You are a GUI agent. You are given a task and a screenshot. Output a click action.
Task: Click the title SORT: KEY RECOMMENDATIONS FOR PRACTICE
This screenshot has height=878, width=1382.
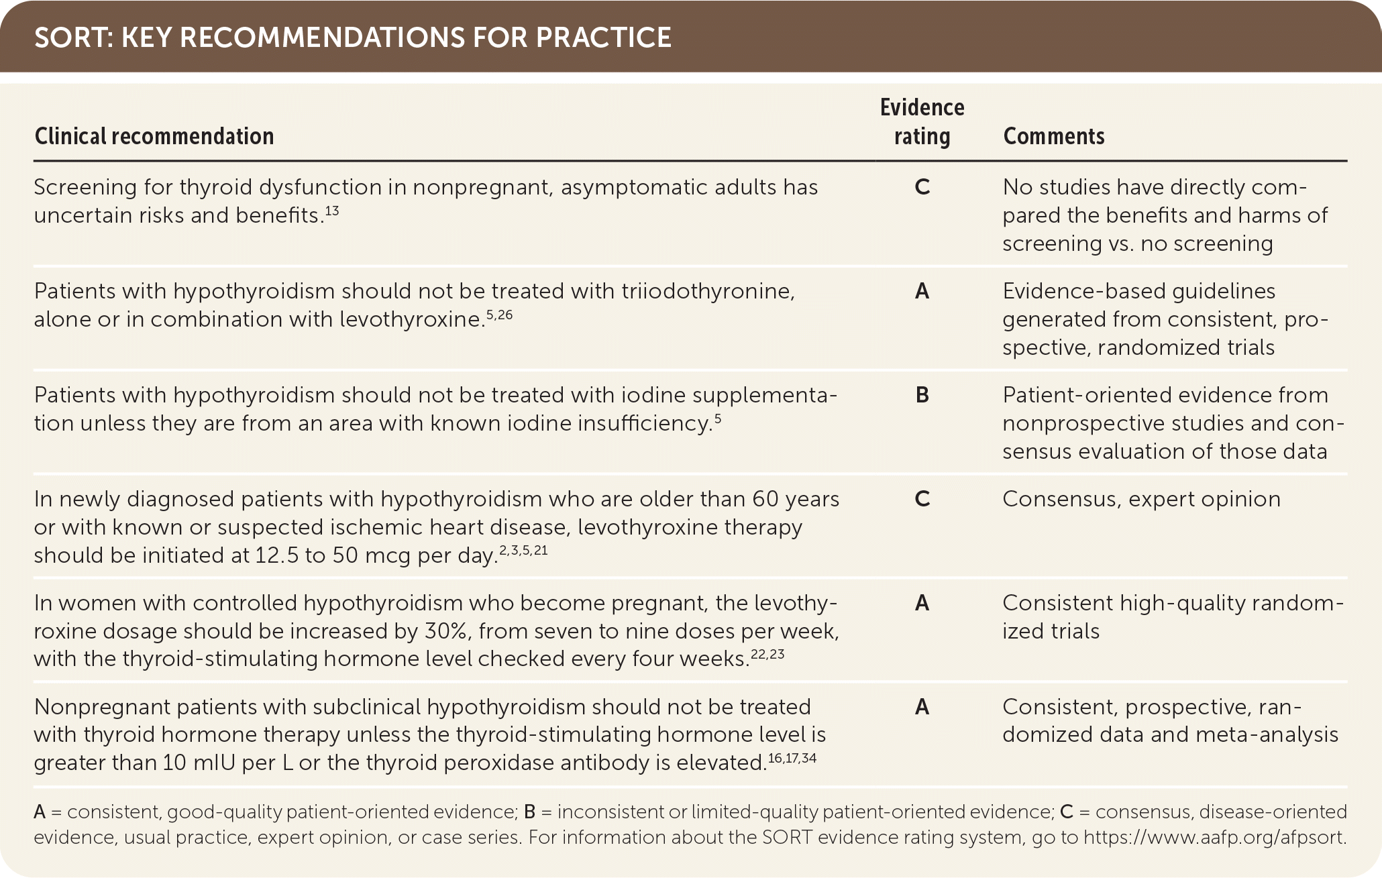(352, 38)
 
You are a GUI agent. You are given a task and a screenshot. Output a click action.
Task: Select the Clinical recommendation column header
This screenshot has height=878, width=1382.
(154, 136)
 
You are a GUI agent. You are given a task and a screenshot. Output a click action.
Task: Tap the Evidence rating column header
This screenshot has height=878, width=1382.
(922, 122)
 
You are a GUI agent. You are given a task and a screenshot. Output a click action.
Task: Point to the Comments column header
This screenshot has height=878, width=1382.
(1053, 136)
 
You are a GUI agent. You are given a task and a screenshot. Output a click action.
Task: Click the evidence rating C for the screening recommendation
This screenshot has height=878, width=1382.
(922, 187)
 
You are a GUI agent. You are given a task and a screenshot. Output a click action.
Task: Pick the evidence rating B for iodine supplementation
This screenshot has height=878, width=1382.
(922, 395)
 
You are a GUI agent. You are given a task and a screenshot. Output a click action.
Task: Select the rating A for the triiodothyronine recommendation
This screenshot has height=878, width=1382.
(922, 291)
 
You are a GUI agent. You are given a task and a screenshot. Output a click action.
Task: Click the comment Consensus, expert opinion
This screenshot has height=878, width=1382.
(1141, 499)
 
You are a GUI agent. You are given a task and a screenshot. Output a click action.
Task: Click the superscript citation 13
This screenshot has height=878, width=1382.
(331, 211)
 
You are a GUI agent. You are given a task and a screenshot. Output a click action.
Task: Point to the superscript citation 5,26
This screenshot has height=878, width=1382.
(499, 315)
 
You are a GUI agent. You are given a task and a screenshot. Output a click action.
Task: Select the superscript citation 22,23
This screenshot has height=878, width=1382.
(767, 654)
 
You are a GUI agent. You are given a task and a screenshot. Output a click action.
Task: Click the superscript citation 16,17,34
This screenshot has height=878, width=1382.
(792, 758)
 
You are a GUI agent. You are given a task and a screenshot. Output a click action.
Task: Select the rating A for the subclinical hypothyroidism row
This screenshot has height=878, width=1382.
(922, 707)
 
